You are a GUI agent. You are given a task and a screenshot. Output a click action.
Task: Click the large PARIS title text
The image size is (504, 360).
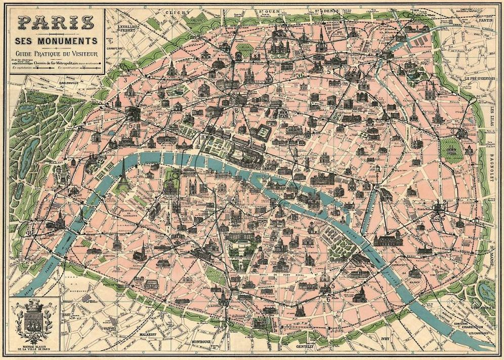point(56,23)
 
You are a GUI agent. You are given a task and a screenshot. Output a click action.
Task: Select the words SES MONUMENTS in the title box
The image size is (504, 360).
point(56,40)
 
